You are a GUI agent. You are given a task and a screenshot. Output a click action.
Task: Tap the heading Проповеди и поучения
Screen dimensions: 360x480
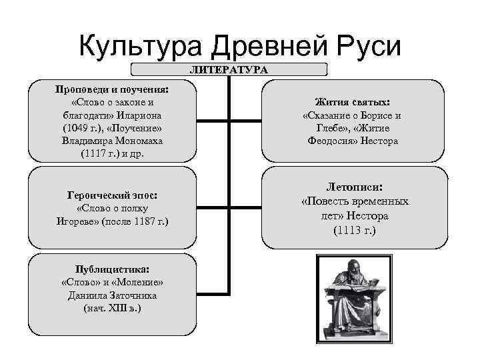pyautogui.click(x=112, y=90)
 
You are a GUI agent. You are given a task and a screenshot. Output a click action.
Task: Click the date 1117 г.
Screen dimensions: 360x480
pyautogui.click(x=97, y=153)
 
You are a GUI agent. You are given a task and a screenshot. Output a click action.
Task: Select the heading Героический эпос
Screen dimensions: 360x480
pyautogui.click(x=112, y=195)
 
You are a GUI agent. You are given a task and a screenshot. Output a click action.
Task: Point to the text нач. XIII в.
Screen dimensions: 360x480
pyautogui.click(x=111, y=309)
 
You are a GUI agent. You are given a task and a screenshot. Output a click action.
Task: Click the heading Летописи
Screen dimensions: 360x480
pyautogui.click(x=354, y=188)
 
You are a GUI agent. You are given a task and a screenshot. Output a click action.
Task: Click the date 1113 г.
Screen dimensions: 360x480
pyautogui.click(x=354, y=231)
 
